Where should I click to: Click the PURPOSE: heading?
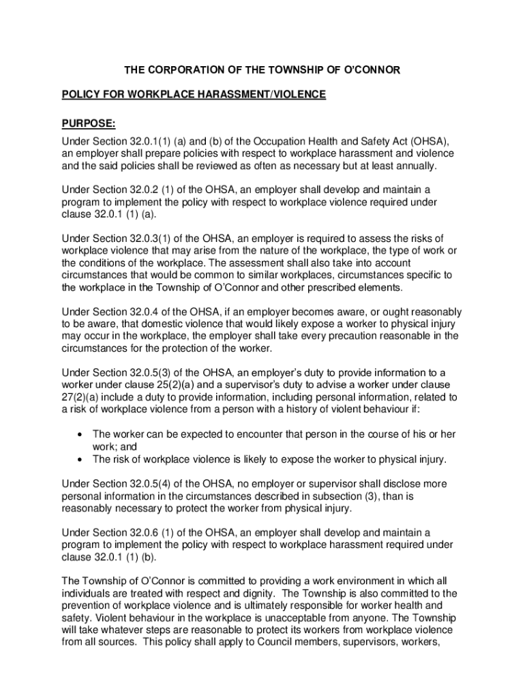point(89,123)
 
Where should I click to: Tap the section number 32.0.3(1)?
point(153,238)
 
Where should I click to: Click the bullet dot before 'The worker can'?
point(81,434)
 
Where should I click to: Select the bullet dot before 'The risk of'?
point(81,459)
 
